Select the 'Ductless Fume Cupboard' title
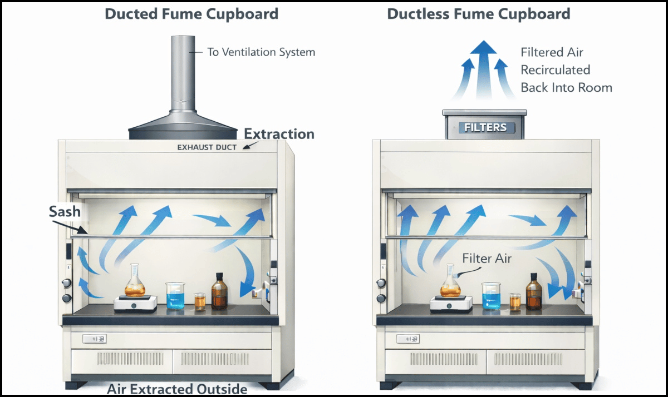[x=479, y=14]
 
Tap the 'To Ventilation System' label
[x=261, y=52]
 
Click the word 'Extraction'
[x=279, y=134]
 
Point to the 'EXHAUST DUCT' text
[x=207, y=147]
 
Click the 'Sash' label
[x=65, y=212]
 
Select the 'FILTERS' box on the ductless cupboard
[x=485, y=127]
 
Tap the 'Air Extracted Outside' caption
[x=176, y=389]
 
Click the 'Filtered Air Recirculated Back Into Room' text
[x=566, y=70]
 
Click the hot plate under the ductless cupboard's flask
[x=451, y=304]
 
